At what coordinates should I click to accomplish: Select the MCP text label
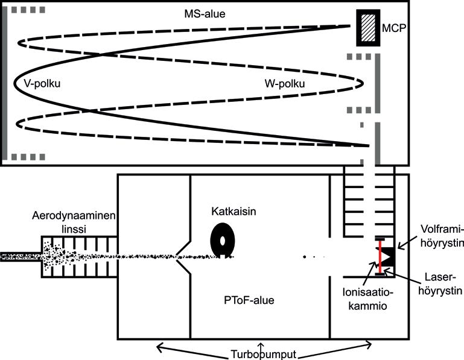[x=393, y=28]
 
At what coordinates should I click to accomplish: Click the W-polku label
[x=284, y=83]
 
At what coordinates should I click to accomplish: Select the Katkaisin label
[x=234, y=212]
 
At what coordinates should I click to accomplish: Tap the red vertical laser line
[x=380, y=257]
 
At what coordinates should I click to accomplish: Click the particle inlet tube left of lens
[x=21, y=256]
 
